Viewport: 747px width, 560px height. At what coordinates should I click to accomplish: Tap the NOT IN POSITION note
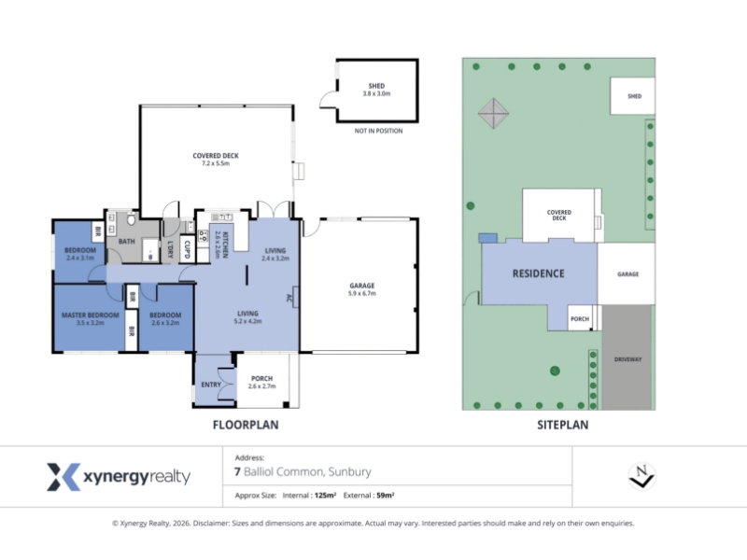point(378,131)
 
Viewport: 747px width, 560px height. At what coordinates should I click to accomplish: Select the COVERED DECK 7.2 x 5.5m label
point(216,159)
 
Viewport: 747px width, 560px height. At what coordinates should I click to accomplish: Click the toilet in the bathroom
point(133,219)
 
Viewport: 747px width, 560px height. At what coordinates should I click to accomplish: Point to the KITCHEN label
point(225,245)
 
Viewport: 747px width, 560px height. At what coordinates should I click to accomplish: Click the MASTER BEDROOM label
point(90,315)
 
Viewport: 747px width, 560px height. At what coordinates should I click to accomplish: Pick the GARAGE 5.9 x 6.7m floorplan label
point(362,289)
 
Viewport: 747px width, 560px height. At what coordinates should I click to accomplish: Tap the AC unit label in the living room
point(289,298)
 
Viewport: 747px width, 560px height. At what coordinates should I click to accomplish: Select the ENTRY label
point(211,385)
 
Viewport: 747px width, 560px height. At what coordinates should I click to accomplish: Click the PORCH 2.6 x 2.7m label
point(262,382)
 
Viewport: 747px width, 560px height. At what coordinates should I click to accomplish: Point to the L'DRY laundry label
point(170,249)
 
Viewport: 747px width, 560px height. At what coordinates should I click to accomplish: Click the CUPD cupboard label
point(187,249)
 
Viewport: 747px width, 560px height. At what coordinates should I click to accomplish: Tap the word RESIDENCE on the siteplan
point(539,273)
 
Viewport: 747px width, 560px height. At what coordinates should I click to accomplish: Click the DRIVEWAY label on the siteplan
point(627,359)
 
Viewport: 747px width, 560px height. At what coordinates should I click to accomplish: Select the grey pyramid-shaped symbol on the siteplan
point(494,113)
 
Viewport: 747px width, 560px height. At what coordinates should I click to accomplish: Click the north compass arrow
point(641,476)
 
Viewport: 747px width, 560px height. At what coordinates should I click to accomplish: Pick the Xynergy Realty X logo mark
point(63,477)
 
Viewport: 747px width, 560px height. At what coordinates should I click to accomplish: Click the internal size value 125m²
point(325,496)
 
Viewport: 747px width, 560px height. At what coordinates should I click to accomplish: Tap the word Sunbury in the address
point(349,472)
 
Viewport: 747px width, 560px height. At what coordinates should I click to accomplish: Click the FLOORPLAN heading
point(246,425)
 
